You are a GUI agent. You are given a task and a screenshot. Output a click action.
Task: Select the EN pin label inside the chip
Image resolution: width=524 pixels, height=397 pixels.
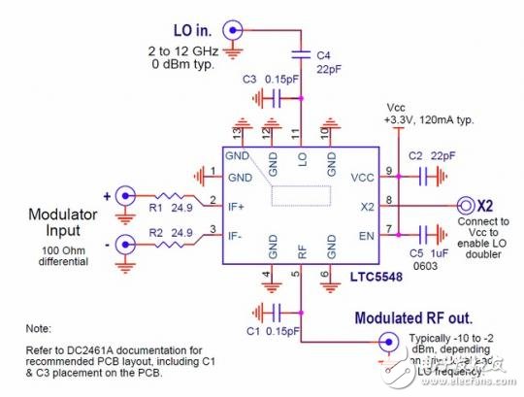(367, 234)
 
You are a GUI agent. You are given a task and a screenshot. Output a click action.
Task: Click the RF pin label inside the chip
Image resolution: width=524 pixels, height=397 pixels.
(301, 250)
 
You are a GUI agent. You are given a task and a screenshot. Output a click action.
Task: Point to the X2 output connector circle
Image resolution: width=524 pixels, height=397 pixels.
(461, 207)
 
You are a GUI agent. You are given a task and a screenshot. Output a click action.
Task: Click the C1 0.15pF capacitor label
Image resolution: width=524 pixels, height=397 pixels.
(262, 331)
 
